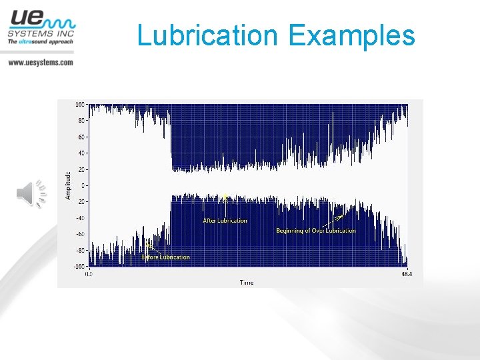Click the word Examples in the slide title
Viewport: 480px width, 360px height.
(352, 35)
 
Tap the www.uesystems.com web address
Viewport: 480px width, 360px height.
(41, 62)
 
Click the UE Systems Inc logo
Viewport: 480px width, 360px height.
(41, 27)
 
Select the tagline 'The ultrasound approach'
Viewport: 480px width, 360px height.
(41, 42)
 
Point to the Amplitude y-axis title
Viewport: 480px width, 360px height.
(68, 185)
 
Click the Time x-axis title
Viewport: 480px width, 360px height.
(247, 283)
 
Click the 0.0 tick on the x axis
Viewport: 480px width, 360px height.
(88, 273)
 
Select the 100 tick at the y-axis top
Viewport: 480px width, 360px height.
(80, 105)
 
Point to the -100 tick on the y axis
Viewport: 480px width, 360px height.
(79, 266)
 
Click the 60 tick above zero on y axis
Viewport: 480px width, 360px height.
(81, 137)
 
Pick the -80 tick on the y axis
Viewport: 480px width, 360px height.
(79, 250)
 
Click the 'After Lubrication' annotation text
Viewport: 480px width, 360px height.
(225, 221)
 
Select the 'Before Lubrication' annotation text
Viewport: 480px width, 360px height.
(165, 257)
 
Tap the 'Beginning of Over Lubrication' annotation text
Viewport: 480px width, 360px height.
(316, 231)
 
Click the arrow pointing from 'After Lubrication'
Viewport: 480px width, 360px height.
(226, 205)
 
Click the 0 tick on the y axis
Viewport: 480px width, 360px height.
(83, 185)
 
